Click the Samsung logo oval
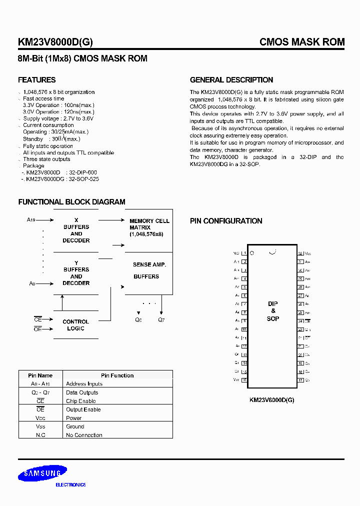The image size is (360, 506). point(42,473)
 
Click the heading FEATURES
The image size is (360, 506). point(37,80)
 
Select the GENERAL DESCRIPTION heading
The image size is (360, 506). point(231,80)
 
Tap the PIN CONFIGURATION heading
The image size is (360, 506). point(226,221)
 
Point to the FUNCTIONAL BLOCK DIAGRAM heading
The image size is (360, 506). point(71,202)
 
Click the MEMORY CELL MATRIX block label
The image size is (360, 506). point(149,227)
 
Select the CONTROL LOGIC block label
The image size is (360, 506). point(76,325)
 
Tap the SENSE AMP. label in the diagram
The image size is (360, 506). point(149,264)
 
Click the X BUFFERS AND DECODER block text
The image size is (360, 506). point(76,230)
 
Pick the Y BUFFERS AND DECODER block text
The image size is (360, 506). point(76,273)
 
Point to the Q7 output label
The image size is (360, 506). point(161,319)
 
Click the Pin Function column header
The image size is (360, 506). point(117,375)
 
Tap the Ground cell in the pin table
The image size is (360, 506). point(75,426)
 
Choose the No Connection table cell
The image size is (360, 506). point(84,435)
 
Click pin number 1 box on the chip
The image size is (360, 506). point(244,253)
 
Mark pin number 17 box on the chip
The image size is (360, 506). point(301,380)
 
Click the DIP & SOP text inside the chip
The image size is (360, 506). point(273,311)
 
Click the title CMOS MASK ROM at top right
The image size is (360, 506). point(302,42)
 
